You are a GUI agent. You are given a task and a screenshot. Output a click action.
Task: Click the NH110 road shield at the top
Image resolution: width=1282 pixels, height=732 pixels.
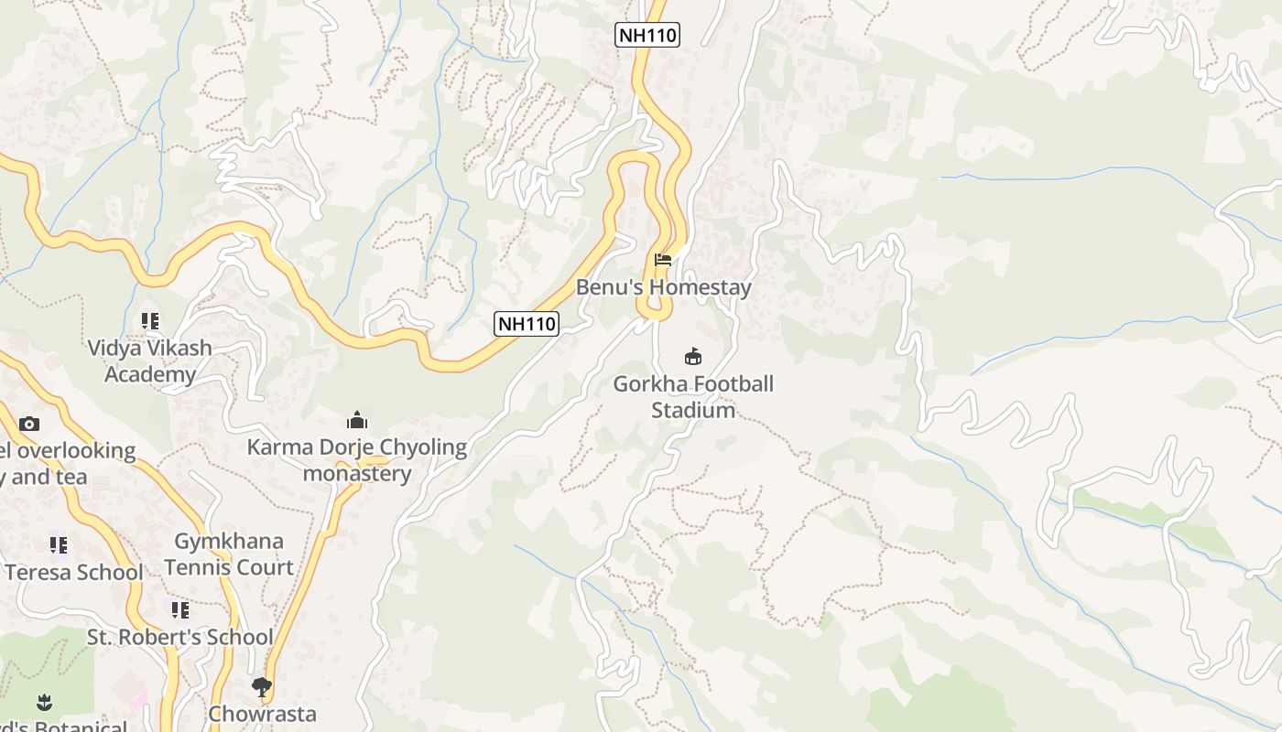click(647, 35)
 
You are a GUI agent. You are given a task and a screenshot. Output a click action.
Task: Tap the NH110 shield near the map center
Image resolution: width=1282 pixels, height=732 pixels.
click(527, 323)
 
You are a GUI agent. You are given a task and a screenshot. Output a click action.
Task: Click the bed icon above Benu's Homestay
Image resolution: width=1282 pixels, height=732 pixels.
click(663, 260)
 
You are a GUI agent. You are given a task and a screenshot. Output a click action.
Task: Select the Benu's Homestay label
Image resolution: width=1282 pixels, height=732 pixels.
click(663, 287)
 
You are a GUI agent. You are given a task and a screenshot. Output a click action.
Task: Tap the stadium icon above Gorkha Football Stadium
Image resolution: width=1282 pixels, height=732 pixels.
click(693, 357)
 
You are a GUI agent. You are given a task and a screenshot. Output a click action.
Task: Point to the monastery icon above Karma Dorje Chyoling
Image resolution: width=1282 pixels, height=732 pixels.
click(357, 421)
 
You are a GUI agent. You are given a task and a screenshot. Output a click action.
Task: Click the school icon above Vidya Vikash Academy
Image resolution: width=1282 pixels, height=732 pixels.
click(150, 321)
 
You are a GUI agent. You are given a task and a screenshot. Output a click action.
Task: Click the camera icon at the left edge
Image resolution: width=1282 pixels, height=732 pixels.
click(29, 424)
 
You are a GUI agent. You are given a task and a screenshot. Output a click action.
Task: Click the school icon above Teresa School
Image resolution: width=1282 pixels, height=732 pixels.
click(59, 545)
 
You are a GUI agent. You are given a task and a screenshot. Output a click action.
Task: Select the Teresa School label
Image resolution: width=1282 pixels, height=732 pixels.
click(73, 573)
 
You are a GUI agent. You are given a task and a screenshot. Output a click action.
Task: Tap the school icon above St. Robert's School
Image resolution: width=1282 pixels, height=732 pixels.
click(180, 609)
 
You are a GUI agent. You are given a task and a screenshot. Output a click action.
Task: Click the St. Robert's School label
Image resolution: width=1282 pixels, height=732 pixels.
click(180, 637)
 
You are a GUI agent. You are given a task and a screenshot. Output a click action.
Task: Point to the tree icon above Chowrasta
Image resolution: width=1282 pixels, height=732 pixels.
click(262, 686)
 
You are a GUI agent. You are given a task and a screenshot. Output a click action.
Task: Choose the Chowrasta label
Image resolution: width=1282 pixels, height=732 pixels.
click(262, 714)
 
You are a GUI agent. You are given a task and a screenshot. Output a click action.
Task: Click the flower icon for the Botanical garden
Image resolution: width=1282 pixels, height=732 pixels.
click(43, 703)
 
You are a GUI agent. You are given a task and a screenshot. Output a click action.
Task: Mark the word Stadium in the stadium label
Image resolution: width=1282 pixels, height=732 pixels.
click(693, 410)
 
